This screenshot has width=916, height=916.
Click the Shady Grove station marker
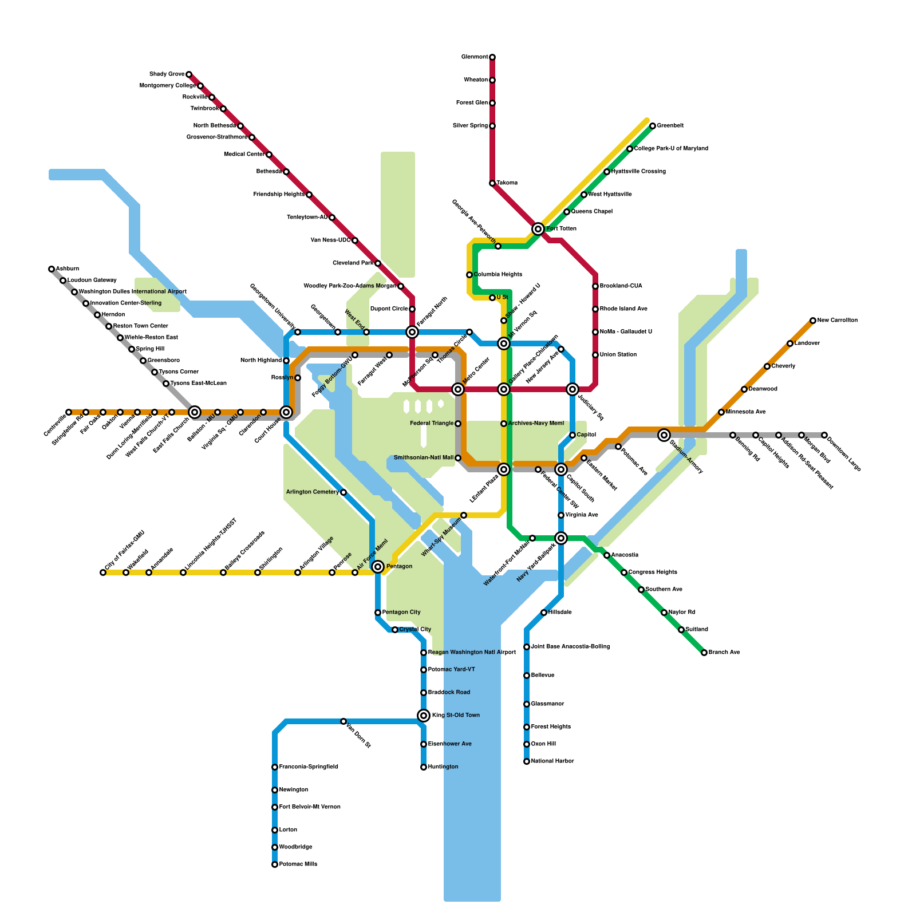189,74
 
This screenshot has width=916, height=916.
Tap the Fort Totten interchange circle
538,229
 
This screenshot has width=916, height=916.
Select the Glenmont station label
475,57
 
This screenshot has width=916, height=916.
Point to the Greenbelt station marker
653,126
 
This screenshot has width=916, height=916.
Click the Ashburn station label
68,269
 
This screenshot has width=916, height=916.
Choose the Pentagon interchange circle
378,567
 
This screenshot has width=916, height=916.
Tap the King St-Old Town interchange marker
424,716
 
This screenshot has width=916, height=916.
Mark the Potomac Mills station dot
275,864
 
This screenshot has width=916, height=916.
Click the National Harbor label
552,761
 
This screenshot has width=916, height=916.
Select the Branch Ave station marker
704,653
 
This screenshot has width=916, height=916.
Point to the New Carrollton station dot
813,321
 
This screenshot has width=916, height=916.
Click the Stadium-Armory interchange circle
664,435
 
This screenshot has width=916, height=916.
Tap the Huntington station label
443,767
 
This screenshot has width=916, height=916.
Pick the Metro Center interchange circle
458,389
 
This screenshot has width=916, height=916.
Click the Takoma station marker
492,183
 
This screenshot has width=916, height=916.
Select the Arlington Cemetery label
313,492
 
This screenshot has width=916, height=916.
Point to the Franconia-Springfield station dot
275,767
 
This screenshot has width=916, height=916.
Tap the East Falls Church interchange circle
195,412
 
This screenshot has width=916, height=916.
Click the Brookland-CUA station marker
595,286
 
